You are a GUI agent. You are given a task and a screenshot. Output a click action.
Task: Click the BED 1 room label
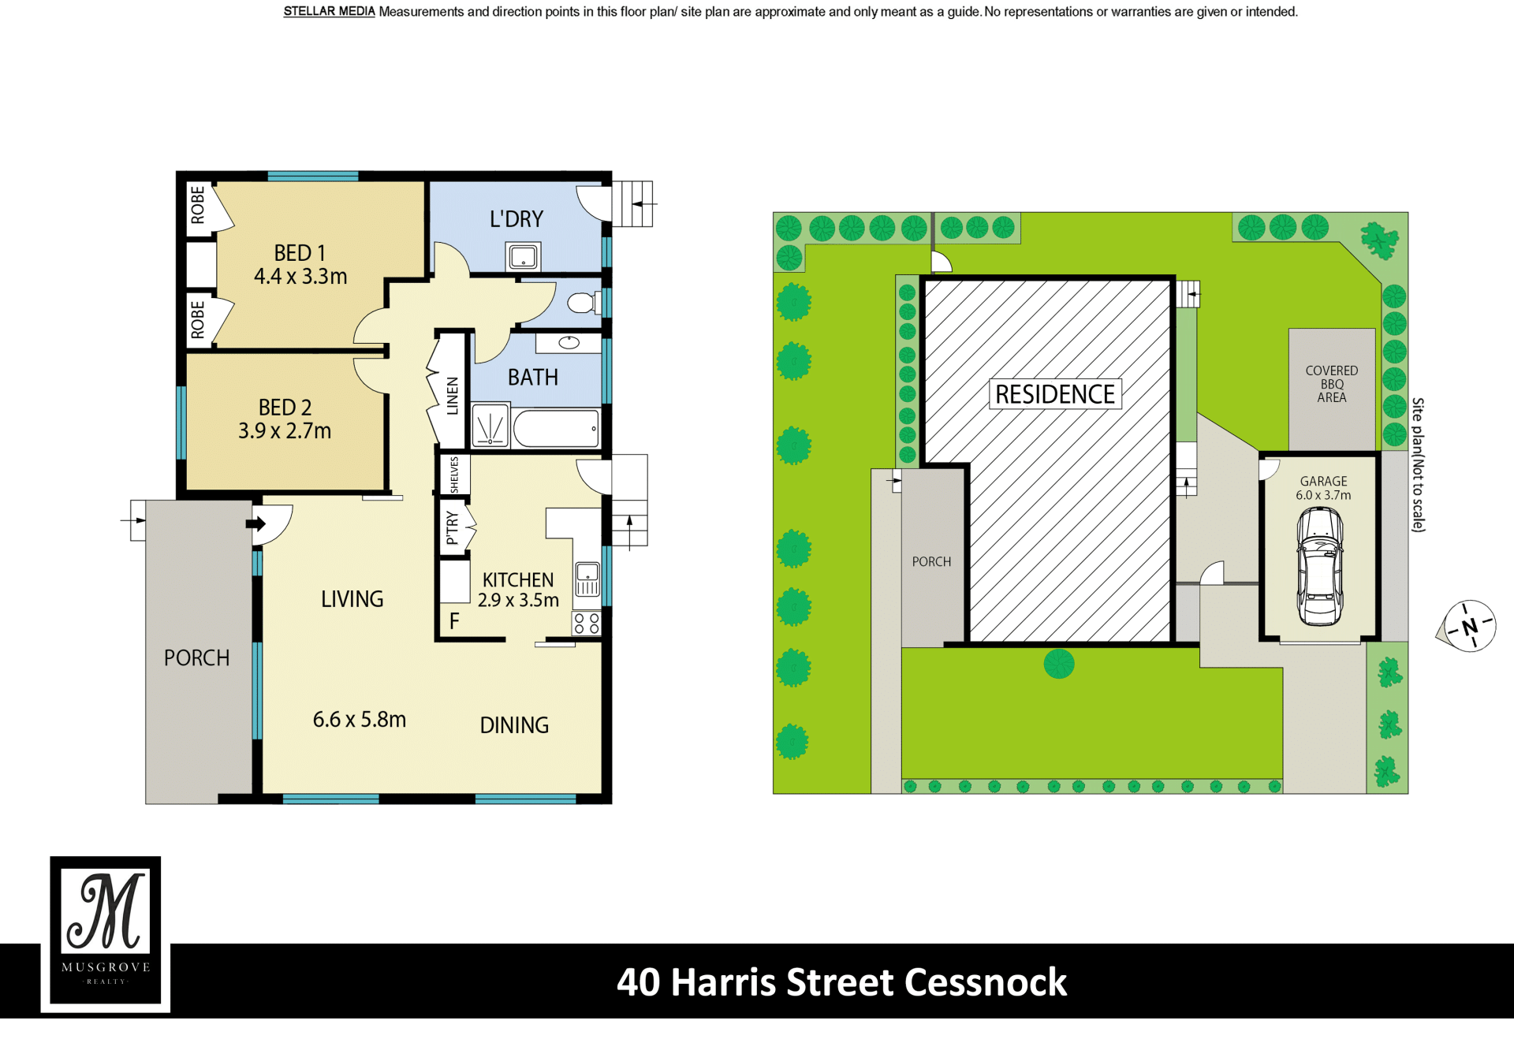300,253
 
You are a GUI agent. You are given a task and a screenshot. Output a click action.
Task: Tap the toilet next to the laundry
585,303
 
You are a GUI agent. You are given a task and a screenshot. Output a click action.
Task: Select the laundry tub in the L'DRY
524,256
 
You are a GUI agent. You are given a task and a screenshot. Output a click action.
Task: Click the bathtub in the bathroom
557,429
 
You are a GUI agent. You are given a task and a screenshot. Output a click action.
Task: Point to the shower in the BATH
490,426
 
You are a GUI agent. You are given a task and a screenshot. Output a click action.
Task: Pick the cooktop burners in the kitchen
587,624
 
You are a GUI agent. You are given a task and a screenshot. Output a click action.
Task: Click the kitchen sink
587,579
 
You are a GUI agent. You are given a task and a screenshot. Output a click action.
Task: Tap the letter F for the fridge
454,621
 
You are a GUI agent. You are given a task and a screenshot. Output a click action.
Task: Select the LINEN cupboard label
453,396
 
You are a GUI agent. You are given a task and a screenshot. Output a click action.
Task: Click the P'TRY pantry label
452,527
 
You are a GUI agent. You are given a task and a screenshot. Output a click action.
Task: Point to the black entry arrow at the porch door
256,523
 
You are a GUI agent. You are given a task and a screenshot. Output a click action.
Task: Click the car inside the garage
1320,566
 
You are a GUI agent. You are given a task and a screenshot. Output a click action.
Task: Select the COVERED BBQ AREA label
1331,384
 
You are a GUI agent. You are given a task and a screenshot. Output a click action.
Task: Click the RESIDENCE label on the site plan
1055,394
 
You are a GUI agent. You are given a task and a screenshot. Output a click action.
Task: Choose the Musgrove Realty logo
106,932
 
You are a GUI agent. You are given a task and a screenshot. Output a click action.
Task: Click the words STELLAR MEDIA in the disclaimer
329,12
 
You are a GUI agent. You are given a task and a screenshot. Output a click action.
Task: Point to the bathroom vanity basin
569,343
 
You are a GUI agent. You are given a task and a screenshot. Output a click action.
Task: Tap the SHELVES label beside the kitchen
454,475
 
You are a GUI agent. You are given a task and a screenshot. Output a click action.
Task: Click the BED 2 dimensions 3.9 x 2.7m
285,430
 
